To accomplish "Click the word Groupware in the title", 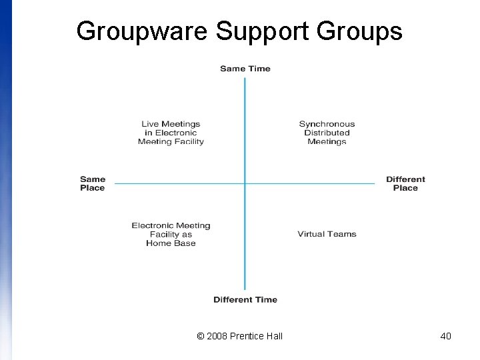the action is point(142,31).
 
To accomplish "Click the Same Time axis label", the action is point(245,69).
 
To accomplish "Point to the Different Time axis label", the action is point(245,300).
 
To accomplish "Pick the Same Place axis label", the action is point(93,183).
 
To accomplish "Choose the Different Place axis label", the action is point(405,183).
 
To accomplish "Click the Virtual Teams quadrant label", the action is point(327,234).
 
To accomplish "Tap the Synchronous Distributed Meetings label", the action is point(327,133).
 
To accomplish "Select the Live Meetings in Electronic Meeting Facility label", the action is point(171,133).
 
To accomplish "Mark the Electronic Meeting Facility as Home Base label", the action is point(171,234).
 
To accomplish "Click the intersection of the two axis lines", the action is point(245,183).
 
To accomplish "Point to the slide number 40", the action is point(446,336).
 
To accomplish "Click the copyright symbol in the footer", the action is point(201,336).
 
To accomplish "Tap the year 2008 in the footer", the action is point(217,336).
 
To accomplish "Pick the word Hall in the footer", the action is point(274,336).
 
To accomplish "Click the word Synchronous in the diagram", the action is point(327,124).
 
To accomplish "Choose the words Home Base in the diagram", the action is point(171,243).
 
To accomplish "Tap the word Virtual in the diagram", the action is point(311,234).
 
